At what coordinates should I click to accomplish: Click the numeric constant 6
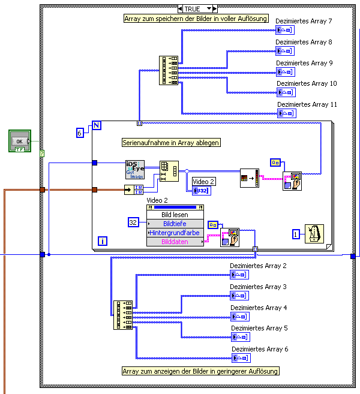pos(80,133)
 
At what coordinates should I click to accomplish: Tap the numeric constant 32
pos(134,222)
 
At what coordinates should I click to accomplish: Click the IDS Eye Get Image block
pos(135,170)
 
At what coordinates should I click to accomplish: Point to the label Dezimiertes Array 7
pos(304,22)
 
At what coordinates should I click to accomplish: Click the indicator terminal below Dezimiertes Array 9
pos(286,72)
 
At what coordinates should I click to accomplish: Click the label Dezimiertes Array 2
pos(259,266)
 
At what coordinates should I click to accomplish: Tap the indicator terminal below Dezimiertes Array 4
pos(241,317)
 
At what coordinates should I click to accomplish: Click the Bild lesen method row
pos(175,214)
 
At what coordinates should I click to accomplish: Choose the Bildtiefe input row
pos(175,223)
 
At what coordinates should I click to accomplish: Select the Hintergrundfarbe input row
pos(175,232)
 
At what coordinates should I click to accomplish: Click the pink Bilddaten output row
pos(175,241)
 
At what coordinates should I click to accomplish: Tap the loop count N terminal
pos(96,127)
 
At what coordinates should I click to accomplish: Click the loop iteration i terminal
pos(103,241)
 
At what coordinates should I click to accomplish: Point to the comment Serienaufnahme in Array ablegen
pos(171,143)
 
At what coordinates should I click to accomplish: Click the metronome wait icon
pos(313,234)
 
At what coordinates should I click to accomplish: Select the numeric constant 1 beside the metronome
pos(296,234)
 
